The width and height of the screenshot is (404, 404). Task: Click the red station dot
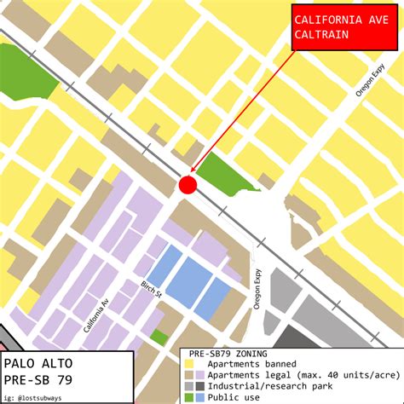pos(188,185)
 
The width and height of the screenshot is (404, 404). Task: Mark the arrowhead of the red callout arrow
pos(193,173)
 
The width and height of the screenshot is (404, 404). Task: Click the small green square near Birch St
pos(159,338)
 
